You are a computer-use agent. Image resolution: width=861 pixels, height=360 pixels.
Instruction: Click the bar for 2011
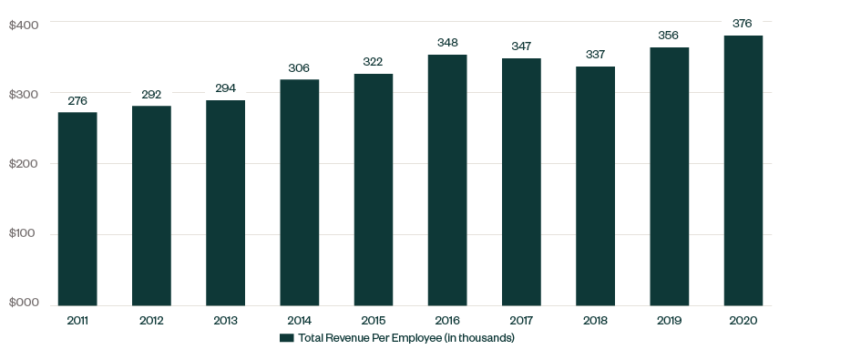(x=77, y=209)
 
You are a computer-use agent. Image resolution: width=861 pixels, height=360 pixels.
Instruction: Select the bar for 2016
(x=447, y=180)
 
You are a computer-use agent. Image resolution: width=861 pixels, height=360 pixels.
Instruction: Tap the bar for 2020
(x=743, y=170)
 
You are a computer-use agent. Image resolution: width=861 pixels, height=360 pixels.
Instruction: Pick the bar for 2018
(x=595, y=186)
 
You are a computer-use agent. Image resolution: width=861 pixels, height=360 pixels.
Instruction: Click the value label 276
(x=77, y=101)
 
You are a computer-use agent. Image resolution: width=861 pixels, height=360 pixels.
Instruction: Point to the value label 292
(x=151, y=94)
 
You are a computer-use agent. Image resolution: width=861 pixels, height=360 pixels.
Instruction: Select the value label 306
(x=299, y=68)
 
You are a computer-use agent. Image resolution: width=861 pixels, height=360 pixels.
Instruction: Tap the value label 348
(x=447, y=43)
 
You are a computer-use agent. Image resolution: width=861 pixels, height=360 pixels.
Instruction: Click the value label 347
(x=521, y=46)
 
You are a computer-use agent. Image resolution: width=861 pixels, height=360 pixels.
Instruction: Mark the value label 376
(x=743, y=24)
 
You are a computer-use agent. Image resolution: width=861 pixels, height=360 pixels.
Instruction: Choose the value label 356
(x=669, y=36)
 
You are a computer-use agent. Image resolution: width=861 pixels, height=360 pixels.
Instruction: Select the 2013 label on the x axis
(x=225, y=321)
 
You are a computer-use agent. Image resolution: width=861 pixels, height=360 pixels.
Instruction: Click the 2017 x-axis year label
(x=521, y=321)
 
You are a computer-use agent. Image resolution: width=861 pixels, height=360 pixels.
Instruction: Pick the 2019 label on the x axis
(x=669, y=321)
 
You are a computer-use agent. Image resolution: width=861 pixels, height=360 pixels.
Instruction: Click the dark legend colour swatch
(x=286, y=339)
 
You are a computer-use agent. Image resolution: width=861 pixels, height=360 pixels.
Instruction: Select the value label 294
(x=225, y=88)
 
